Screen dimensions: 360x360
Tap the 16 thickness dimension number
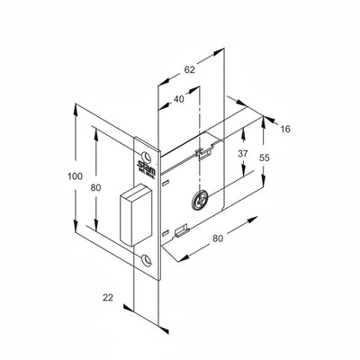(285, 130)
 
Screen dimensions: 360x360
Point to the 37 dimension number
(242, 155)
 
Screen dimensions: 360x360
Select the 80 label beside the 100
(94, 188)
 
